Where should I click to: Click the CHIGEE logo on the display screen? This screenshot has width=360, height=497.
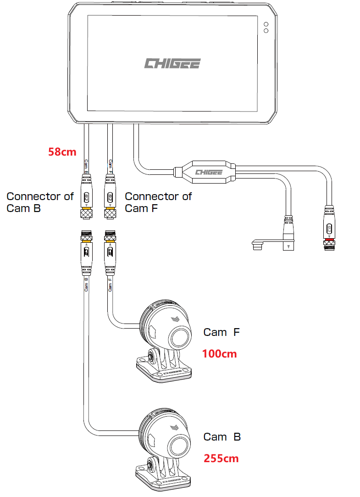tap(172, 63)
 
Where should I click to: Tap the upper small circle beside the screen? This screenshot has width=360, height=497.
tap(266, 24)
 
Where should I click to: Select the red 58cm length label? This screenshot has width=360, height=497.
tap(62, 151)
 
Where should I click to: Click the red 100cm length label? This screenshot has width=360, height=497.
tap(219, 354)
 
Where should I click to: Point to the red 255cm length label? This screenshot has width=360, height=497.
tap(221, 458)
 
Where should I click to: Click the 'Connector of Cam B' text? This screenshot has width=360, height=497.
tap(40, 202)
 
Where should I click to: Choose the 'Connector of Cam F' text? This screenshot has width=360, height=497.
tap(158, 202)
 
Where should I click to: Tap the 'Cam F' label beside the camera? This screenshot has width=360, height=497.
tap(222, 332)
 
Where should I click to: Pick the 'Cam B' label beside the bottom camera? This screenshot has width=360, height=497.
tap(222, 436)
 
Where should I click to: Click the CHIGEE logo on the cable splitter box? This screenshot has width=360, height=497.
tap(209, 172)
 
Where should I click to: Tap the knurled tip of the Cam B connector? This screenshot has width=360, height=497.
tap(85, 214)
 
